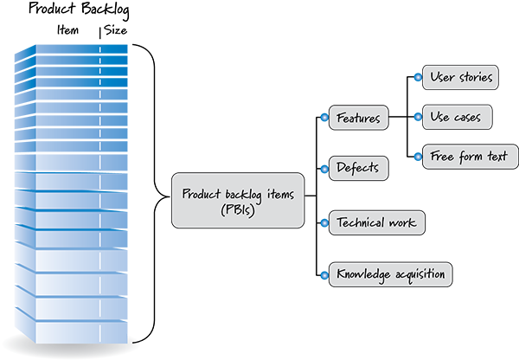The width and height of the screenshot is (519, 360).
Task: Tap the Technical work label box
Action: point(375,222)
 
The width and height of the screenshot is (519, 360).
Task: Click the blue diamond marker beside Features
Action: point(324,117)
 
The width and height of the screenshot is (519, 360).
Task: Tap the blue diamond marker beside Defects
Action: point(324,168)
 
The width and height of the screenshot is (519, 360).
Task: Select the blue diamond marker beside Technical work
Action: point(324,222)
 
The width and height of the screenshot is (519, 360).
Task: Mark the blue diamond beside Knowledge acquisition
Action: point(324,274)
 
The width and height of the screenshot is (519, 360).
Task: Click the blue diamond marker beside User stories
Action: point(416,78)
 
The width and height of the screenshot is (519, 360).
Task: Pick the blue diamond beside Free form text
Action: point(416,157)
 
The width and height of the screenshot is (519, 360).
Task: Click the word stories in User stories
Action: point(475,78)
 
